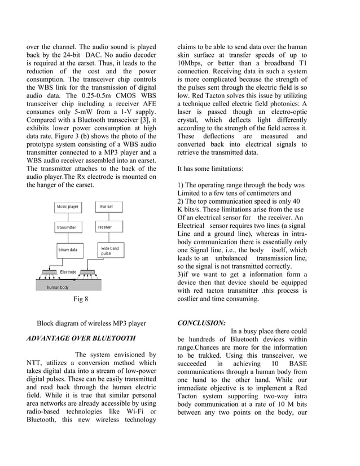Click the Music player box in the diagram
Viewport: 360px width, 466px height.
coord(68,207)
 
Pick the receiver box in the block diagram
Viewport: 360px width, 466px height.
coord(105,227)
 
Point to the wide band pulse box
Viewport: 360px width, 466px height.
coord(109,250)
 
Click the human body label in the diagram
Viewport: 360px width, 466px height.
coord(58,287)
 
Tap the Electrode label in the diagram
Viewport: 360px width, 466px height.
coord(68,272)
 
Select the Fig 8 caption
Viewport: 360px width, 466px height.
coord(81,300)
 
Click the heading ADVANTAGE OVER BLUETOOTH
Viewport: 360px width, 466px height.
coord(81,338)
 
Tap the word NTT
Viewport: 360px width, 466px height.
coord(36,363)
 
